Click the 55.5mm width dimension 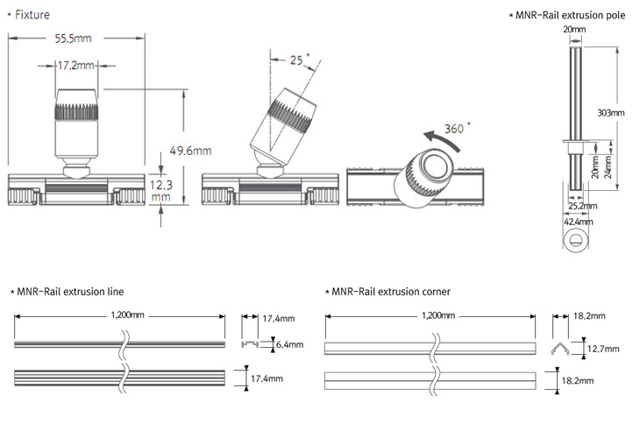point(74,39)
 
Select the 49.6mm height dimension point(190,151)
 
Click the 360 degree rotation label point(455,128)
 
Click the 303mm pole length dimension point(609,113)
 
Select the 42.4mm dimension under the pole point(575,222)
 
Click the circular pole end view point(575,240)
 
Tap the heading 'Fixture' point(32,15)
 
